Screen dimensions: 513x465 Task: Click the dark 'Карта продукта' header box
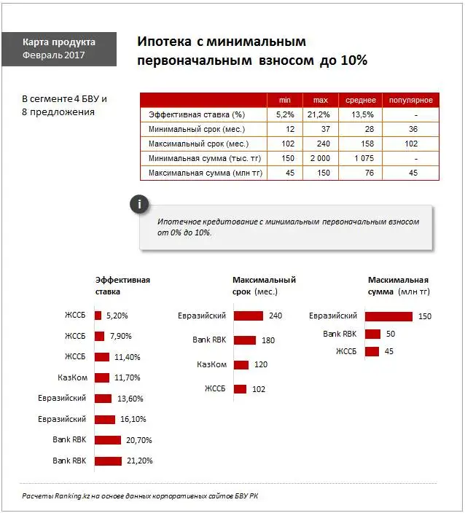(59, 49)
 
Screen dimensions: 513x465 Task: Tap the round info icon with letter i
(139, 205)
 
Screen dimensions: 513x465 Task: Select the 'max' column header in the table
(321, 100)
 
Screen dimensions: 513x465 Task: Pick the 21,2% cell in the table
(321, 114)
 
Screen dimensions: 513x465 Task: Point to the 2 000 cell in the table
(321, 158)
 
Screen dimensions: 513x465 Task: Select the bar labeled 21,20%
(108, 461)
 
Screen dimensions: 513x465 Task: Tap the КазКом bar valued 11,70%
(101, 378)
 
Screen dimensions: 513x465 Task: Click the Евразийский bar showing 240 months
(249, 316)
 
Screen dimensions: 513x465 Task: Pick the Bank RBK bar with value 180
(245, 340)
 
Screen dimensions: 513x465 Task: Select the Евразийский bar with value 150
(388, 316)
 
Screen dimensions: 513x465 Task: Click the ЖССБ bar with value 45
(372, 351)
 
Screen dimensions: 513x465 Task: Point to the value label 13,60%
(130, 399)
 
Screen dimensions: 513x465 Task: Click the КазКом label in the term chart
(212, 364)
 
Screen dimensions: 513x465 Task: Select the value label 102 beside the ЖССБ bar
(259, 389)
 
